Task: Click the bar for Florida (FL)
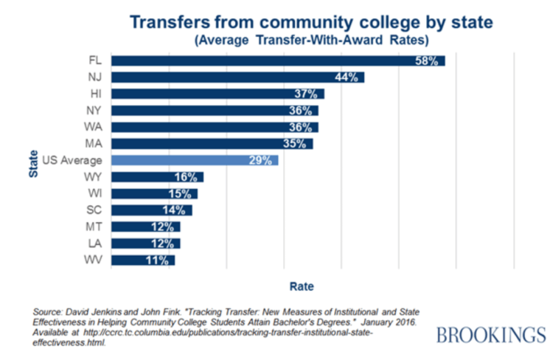tap(278, 60)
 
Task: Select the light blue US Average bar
tap(195, 160)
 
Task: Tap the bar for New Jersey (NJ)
tap(237, 77)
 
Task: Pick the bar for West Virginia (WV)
tap(143, 260)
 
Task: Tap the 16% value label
tap(187, 177)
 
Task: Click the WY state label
tap(94, 177)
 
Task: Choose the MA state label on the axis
tap(94, 143)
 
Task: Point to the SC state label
tap(94, 210)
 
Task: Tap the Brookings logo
tap(490, 336)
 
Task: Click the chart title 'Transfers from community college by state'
tap(310, 22)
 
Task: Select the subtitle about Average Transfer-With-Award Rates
tap(311, 40)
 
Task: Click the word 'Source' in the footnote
tap(49, 313)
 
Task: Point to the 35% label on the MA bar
tap(296, 143)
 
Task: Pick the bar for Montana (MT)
tap(145, 226)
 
